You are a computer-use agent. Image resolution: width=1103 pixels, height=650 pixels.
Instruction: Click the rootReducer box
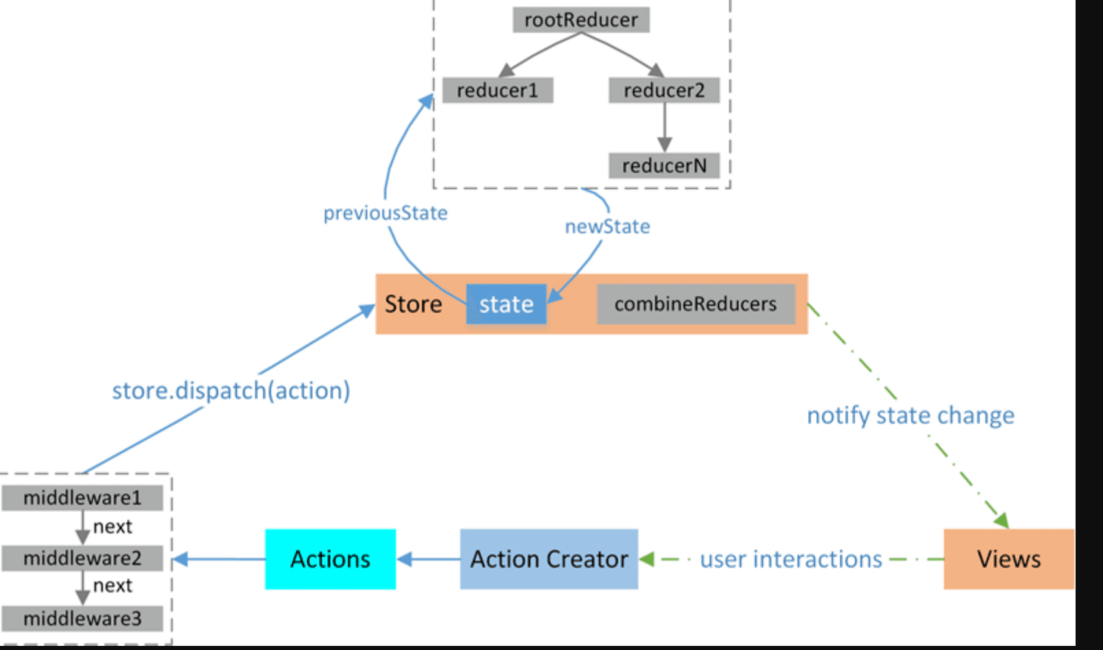coord(581,20)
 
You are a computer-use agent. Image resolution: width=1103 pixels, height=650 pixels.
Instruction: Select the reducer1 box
coord(497,91)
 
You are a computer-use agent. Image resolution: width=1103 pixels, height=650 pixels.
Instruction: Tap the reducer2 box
coord(664,91)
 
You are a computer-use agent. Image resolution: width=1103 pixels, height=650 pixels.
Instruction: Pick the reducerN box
coord(664,166)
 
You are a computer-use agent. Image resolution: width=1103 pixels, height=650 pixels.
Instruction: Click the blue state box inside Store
coord(506,304)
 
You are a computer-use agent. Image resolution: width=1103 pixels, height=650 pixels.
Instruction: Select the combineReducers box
coord(696,304)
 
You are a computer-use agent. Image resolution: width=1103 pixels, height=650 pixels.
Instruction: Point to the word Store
coord(413,304)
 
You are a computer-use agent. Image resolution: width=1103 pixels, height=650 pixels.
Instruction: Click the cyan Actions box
coord(331,559)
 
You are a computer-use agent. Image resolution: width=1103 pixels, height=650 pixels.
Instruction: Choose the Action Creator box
coord(549,559)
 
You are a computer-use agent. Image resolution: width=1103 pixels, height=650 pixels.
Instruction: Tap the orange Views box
coord(1008,559)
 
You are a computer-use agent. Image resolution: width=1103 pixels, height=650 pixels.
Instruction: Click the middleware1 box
coord(82,498)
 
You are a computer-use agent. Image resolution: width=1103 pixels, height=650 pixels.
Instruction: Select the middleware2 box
coord(82,558)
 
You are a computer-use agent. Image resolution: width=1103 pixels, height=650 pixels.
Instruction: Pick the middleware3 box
coord(82,618)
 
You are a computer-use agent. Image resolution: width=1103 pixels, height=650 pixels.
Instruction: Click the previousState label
coord(386,213)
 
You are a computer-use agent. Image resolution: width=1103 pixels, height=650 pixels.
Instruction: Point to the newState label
coord(607,226)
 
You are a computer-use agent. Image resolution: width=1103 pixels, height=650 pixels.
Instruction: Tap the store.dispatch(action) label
coord(231,391)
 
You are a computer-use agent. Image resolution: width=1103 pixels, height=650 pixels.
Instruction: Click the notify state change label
coord(910,416)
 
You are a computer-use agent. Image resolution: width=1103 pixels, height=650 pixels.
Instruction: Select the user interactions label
coord(791,559)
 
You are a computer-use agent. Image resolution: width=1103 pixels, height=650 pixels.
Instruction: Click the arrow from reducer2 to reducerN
coord(664,128)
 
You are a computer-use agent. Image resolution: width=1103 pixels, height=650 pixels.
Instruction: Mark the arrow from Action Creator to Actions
coord(428,559)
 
